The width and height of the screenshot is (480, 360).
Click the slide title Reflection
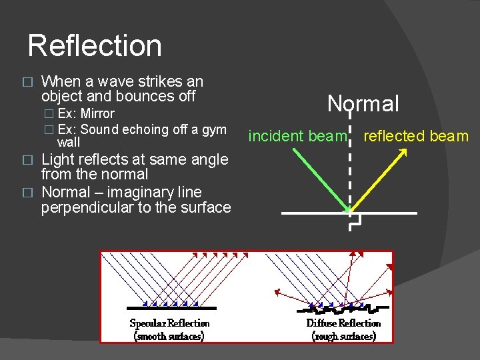(x=95, y=46)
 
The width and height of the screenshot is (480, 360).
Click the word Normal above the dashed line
(x=363, y=103)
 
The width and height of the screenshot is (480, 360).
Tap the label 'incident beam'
(x=297, y=137)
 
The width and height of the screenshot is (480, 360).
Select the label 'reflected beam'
(x=416, y=137)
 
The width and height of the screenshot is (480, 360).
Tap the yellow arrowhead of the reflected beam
(x=403, y=152)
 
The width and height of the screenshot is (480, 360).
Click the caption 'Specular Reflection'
(x=169, y=323)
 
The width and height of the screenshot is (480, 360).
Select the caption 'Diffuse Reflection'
(x=343, y=323)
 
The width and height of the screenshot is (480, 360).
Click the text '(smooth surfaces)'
(x=169, y=336)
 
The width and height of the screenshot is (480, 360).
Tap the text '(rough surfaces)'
(x=343, y=336)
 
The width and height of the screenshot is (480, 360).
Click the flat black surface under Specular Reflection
(x=172, y=308)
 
